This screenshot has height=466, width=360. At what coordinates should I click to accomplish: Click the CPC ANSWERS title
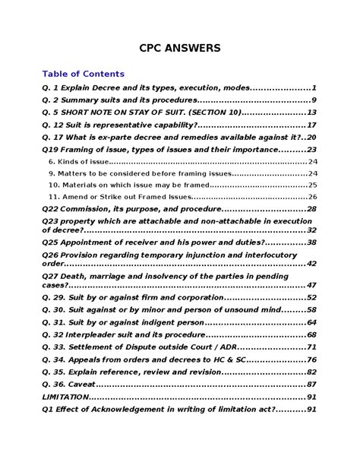(179, 48)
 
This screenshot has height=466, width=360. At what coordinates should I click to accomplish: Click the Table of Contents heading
(84, 74)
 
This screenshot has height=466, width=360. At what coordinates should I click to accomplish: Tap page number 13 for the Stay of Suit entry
(311, 113)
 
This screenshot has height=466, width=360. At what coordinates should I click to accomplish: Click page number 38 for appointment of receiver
(311, 242)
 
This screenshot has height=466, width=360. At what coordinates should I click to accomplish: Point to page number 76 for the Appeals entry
(311, 360)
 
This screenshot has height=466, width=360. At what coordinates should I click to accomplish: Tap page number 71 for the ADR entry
(311, 347)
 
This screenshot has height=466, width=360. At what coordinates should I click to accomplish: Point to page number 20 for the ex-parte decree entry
(311, 138)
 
